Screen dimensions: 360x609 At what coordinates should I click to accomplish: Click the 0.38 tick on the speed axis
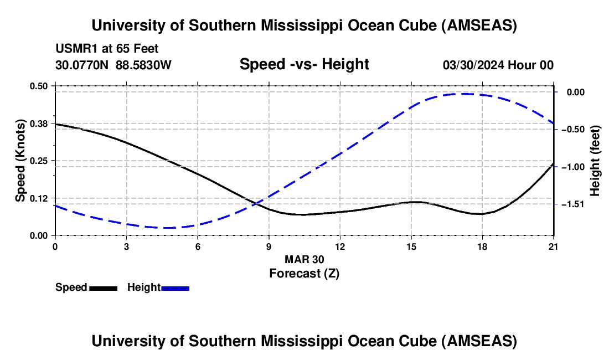pos(55,123)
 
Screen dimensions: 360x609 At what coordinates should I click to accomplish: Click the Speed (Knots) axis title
pos(20,161)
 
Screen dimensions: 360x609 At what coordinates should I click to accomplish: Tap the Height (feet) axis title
pos(595,161)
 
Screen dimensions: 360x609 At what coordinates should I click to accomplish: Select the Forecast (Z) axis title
pos(304,273)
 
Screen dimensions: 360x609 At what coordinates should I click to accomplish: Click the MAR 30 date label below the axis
pos(304,259)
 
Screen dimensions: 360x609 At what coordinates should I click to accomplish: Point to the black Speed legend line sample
pos(103,287)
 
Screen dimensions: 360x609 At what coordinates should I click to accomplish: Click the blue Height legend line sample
pos(176,287)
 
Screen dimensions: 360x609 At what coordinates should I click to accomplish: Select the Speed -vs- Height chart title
pos(304,64)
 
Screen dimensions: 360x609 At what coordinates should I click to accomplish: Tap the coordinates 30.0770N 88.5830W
pos(113,65)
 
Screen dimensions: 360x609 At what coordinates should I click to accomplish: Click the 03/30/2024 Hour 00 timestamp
pos(498,65)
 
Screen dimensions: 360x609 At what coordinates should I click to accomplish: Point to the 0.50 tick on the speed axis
pos(55,86)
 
